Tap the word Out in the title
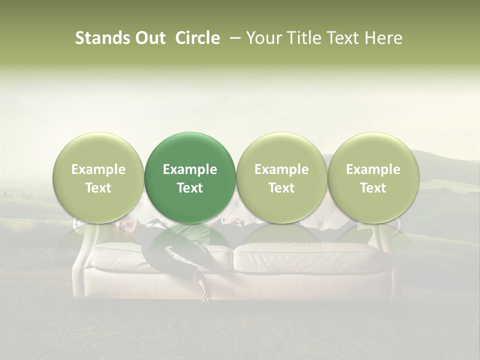pos(148,38)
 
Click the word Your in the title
pos(262,38)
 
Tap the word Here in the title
pos(383,38)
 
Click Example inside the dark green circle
pos(190,169)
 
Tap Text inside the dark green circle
pos(190,188)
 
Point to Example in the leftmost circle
pos(98,169)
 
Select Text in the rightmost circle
pos(373,188)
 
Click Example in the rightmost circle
pos(373,169)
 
